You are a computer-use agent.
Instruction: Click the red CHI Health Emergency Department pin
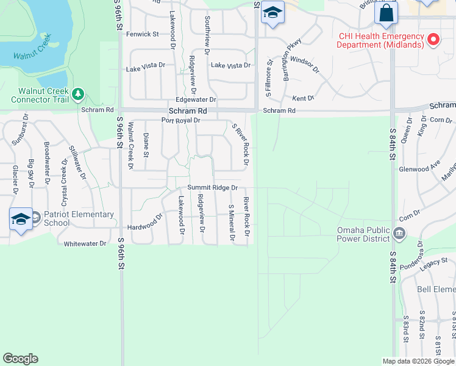coord(433,40)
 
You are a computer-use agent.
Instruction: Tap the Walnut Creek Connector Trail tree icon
coord(77,94)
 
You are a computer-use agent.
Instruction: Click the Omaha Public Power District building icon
coord(399,232)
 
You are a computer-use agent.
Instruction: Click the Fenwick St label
coord(142,34)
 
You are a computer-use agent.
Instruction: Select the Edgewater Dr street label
coord(196,99)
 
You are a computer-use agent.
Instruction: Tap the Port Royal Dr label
coord(180,120)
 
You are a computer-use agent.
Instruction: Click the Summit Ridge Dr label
coord(212,187)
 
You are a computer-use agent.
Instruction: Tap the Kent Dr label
coord(303,98)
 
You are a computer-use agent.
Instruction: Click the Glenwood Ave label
coord(419,167)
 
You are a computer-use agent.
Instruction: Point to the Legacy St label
coord(433,264)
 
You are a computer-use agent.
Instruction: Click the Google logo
coord(20,359)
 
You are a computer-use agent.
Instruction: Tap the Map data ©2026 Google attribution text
coord(419,361)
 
